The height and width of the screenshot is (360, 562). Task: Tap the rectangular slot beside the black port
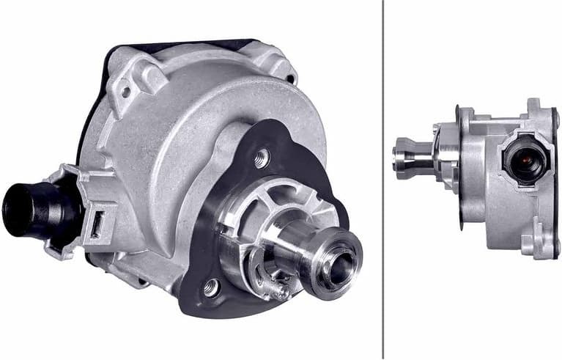click(95, 224)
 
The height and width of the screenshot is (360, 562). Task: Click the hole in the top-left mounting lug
click(125, 92)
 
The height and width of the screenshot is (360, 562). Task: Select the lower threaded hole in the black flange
click(211, 287)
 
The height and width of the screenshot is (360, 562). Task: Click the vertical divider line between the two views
click(383, 180)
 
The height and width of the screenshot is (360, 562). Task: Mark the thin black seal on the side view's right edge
click(556, 176)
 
